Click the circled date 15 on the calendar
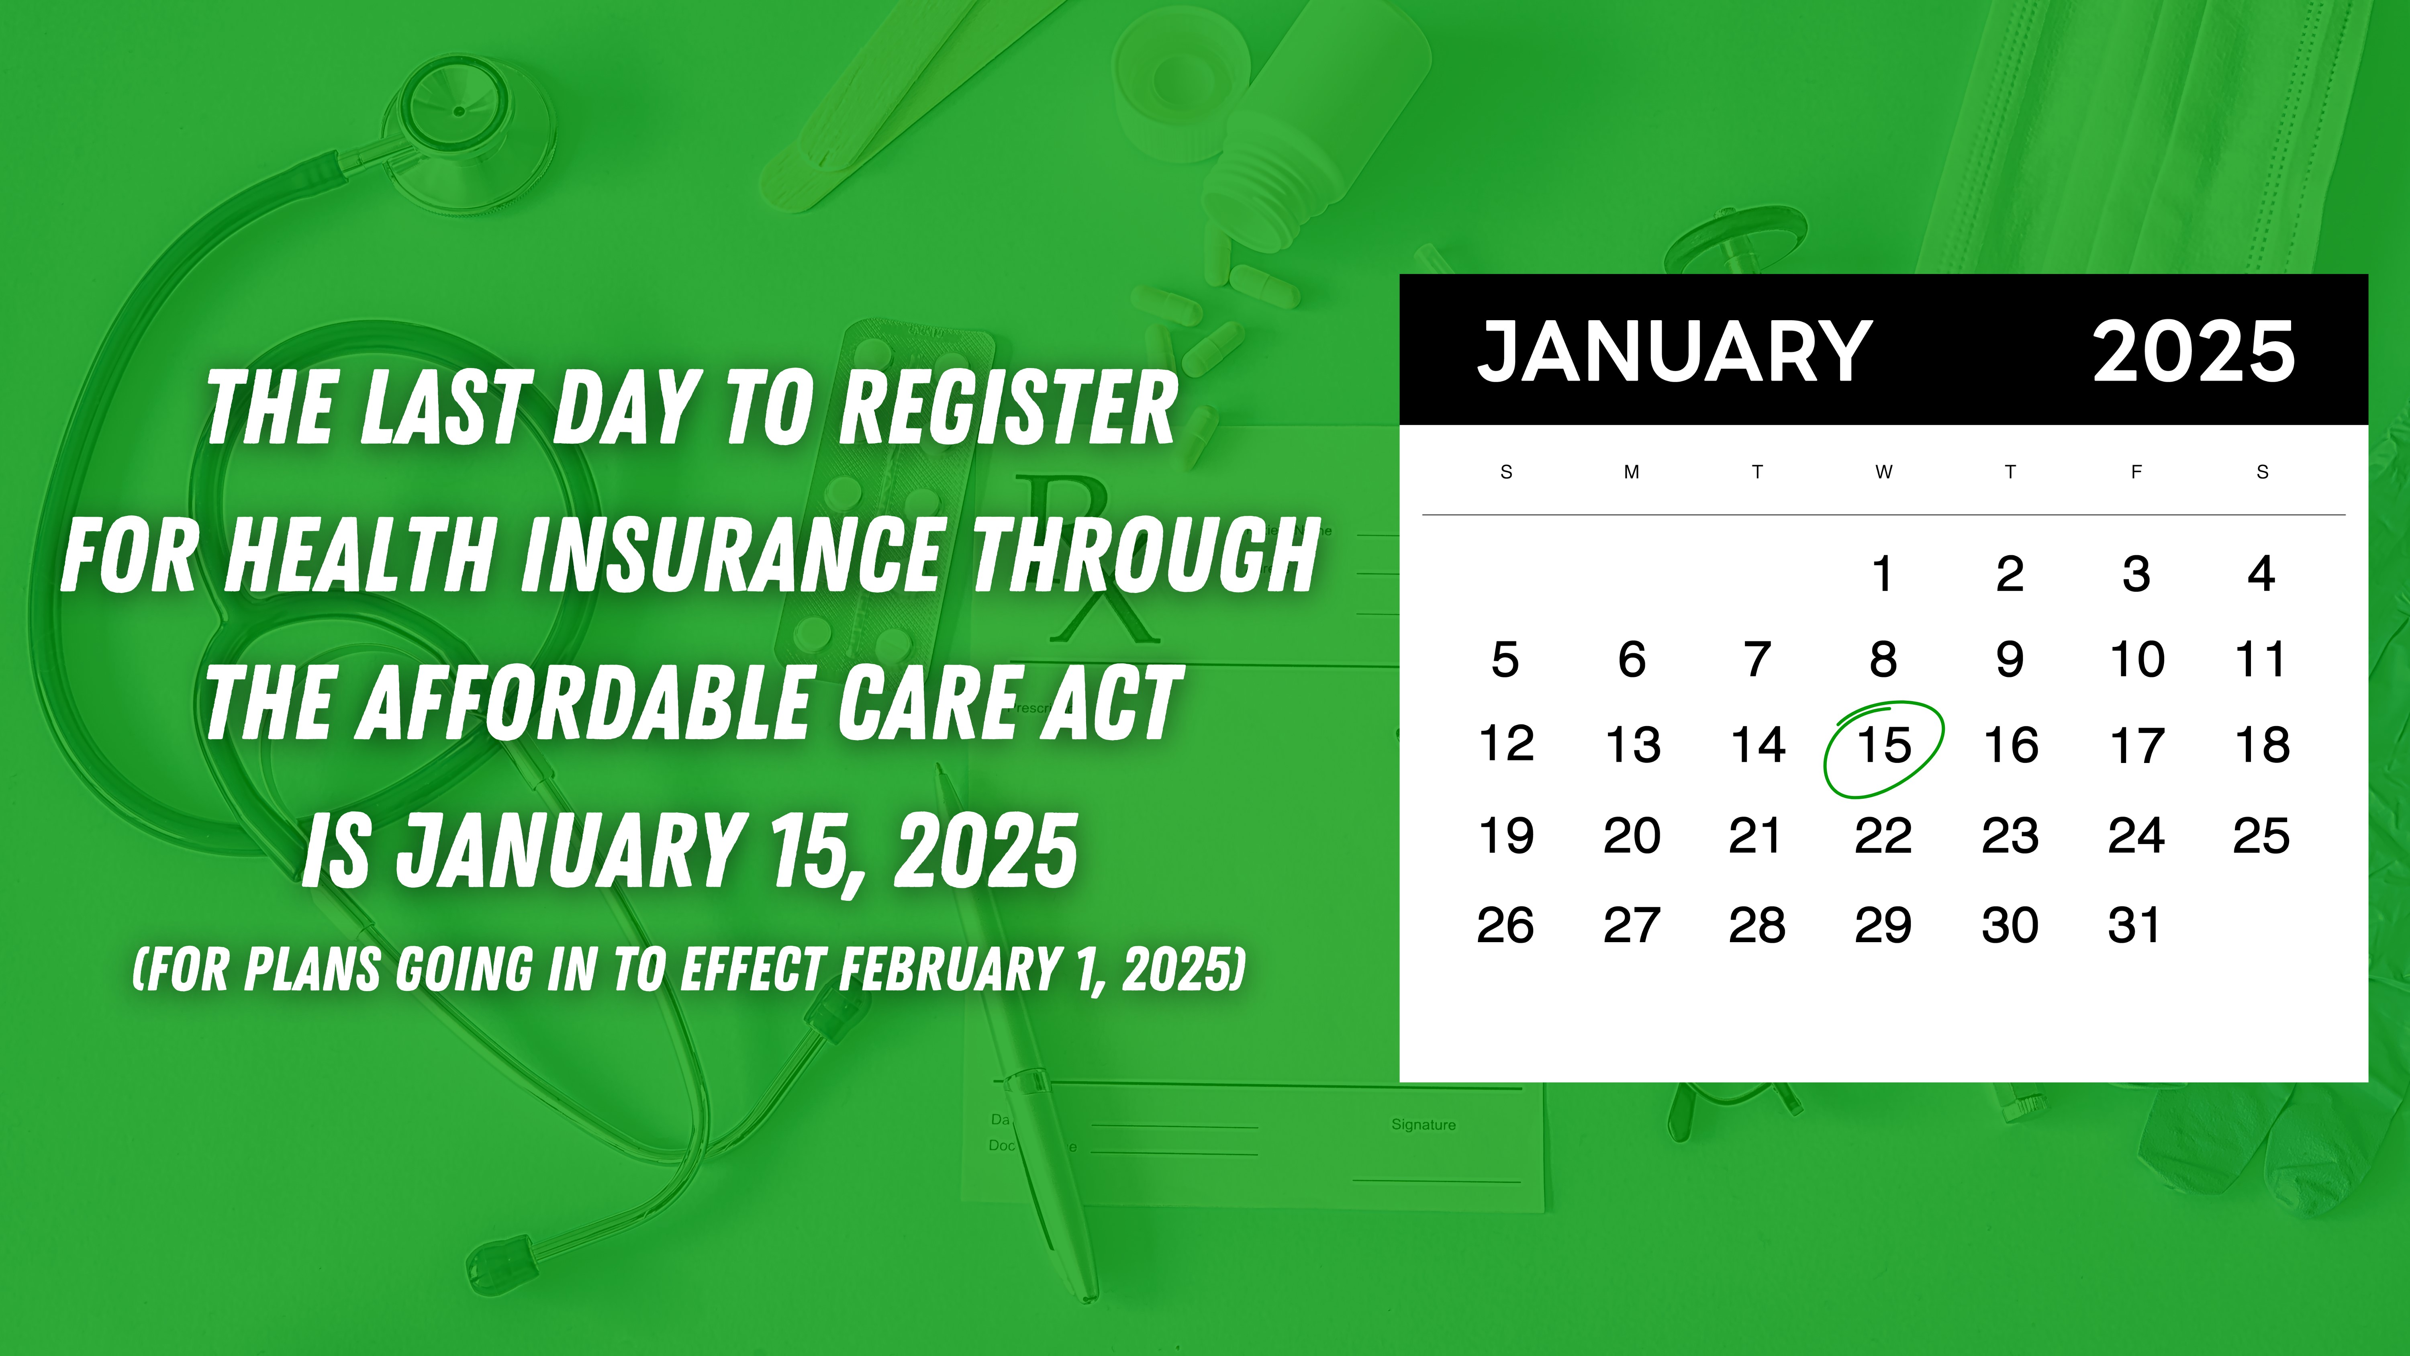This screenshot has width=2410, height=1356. pos(1883,746)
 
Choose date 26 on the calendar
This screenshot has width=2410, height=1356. pos(1505,924)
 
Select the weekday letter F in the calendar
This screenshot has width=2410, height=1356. pos(2136,472)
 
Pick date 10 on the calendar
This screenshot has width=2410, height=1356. pos(2137,660)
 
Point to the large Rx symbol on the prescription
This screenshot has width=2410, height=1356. pos(1090,562)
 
